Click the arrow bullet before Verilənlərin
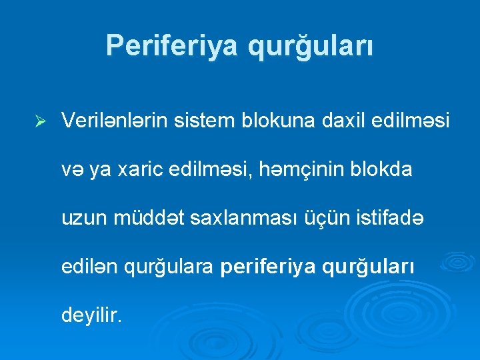pyautogui.click(x=39, y=121)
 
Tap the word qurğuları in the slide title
pyautogui.click(x=311, y=45)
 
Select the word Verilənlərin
pyautogui.click(x=117, y=121)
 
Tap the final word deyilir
pyautogui.click(x=91, y=315)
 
